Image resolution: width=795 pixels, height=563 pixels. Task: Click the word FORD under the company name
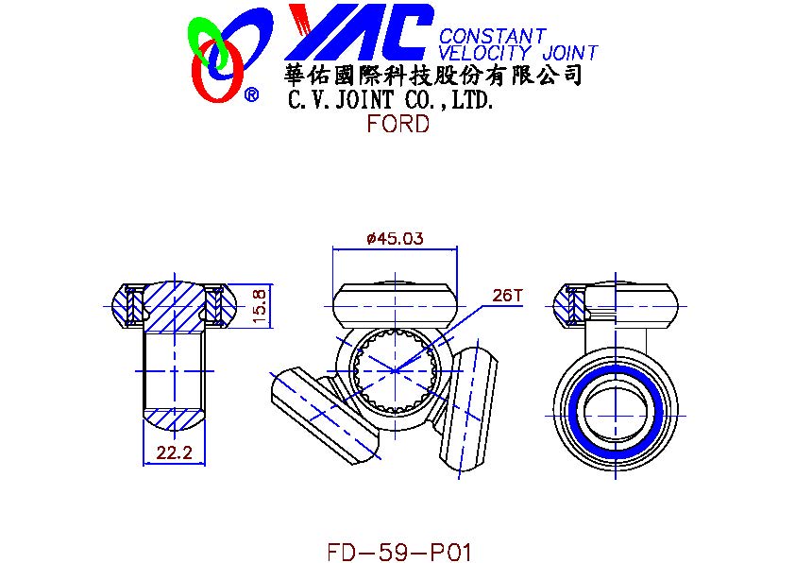point(398,125)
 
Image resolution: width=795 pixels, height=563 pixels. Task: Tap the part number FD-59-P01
point(399,552)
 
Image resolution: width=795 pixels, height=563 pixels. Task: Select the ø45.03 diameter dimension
point(395,238)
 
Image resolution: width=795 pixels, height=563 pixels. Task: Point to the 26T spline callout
point(506,295)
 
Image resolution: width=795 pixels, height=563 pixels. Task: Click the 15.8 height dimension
point(259,306)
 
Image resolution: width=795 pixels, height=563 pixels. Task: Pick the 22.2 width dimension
point(174,452)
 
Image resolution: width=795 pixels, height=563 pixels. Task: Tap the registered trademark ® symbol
point(251,94)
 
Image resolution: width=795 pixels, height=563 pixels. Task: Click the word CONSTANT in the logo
point(492,37)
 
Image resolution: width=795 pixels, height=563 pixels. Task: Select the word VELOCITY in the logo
point(483,53)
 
